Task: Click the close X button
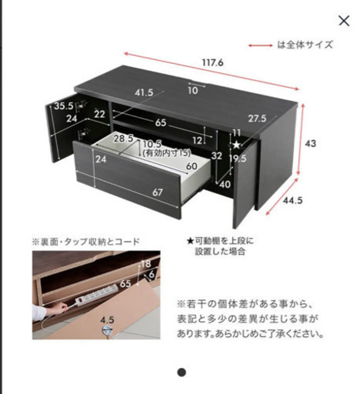344,21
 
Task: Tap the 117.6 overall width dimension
212,62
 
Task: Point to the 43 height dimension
310,143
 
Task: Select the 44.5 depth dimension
292,200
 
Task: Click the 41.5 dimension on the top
144,92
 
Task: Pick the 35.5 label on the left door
64,105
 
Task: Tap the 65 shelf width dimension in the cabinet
161,122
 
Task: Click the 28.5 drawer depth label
124,139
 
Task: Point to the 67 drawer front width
157,192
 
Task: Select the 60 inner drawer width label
192,166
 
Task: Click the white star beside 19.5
236,145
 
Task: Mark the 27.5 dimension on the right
257,119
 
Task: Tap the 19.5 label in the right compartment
238,159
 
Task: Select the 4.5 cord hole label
107,320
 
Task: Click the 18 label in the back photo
146,264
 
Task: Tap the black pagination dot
182,372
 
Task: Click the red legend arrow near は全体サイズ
260,45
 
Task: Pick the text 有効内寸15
167,153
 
